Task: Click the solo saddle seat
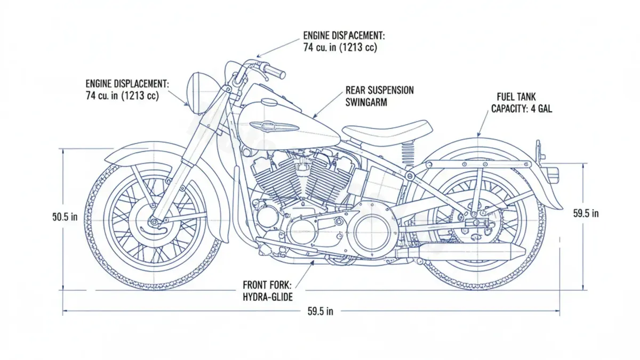click(x=387, y=130)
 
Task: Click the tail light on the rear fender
click(x=553, y=173)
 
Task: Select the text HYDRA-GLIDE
click(x=267, y=297)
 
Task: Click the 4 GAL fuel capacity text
click(x=539, y=109)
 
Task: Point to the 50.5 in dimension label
click(x=65, y=217)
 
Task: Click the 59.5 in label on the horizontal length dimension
click(x=320, y=312)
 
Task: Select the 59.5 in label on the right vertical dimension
click(x=586, y=213)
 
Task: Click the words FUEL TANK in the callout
click(x=516, y=97)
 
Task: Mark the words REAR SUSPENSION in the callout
click(x=379, y=90)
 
